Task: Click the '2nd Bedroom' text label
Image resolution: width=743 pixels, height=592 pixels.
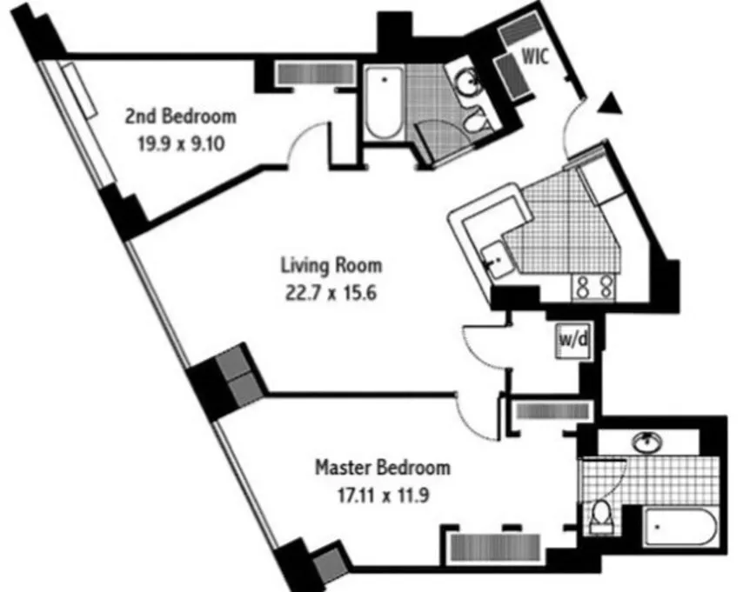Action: (x=180, y=115)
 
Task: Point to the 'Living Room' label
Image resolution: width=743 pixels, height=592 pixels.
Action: (x=331, y=264)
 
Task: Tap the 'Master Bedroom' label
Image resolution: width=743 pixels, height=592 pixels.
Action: (x=382, y=468)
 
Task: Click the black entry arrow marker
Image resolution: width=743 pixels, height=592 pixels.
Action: (x=612, y=104)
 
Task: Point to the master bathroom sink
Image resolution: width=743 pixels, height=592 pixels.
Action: (x=646, y=441)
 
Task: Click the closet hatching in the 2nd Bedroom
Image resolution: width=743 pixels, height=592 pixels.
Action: (x=311, y=72)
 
